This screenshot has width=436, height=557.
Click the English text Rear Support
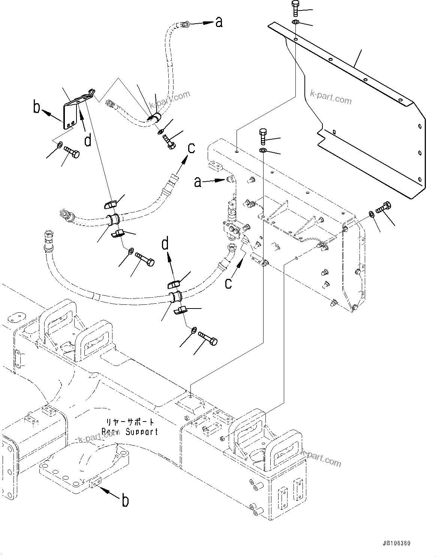click(130, 432)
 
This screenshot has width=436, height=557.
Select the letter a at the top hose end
click(219, 23)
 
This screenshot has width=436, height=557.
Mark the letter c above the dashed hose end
click(191, 148)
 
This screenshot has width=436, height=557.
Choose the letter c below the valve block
click(228, 283)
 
